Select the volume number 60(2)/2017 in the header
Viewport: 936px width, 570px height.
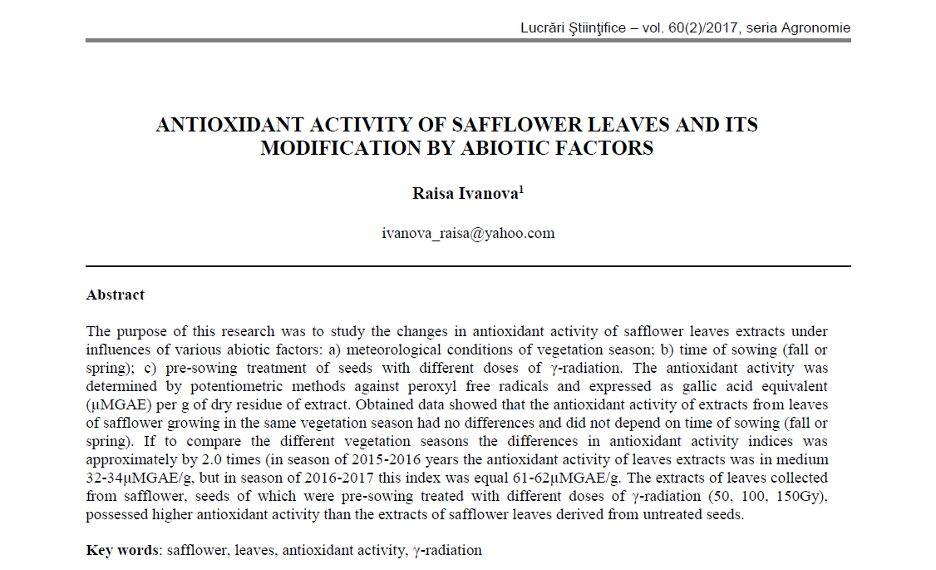tap(700, 27)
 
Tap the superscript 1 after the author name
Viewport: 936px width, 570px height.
tap(521, 190)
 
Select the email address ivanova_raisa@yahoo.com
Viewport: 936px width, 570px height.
tap(468, 233)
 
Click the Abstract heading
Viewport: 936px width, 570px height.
tap(116, 295)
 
